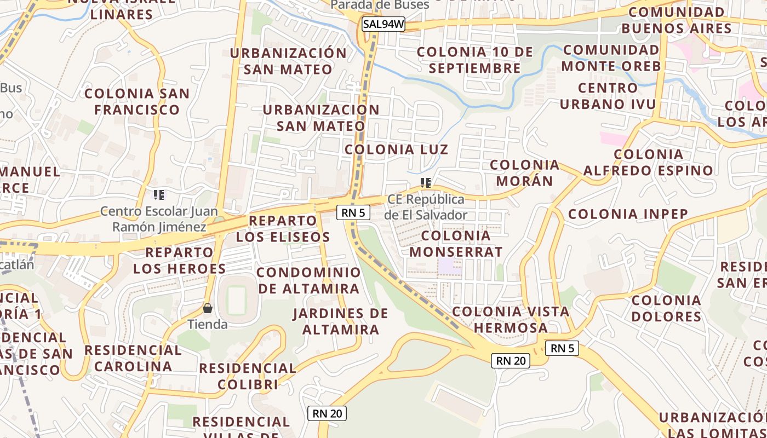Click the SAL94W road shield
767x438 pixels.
[383, 24]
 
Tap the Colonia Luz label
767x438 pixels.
[396, 149]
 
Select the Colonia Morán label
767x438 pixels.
[524, 172]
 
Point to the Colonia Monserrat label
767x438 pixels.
[456, 244]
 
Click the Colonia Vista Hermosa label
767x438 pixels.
[511, 320]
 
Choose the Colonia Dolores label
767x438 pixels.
[666, 308]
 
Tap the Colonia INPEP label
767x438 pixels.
[628, 214]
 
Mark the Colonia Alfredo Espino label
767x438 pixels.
[648, 163]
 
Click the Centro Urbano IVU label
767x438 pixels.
[608, 96]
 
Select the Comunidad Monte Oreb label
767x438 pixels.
[611, 58]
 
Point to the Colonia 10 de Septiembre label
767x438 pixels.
[474, 60]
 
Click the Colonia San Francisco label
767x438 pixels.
[137, 101]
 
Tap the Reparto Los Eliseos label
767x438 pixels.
[283, 229]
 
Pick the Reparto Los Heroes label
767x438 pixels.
[179, 261]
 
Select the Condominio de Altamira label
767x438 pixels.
[309, 280]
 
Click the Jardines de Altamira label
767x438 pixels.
[340, 321]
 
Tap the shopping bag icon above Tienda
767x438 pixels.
[208, 308]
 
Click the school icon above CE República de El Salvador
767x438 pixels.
[426, 182]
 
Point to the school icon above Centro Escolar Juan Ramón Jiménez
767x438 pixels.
[159, 194]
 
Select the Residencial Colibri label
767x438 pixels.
[248, 376]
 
